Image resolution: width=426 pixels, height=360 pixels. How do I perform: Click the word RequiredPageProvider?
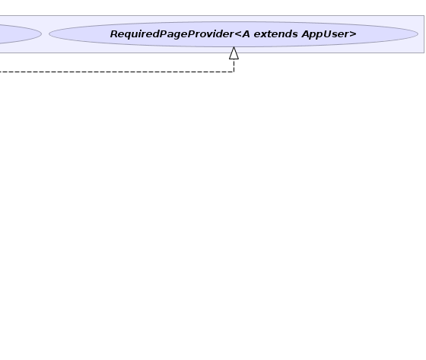point(172,34)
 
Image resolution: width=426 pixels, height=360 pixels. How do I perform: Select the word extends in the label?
point(275,34)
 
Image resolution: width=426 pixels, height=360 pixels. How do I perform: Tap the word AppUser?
point(326,34)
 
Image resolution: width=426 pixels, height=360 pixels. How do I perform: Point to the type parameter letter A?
point(246,34)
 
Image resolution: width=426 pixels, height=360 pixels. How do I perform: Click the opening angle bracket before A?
point(237,34)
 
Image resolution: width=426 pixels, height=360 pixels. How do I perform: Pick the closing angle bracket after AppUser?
point(353,34)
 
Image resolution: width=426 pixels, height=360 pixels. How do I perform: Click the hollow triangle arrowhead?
point(234,53)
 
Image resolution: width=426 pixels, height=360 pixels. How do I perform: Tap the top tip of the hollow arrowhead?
point(234,47)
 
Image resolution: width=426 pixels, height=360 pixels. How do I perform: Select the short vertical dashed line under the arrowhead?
point(234,65)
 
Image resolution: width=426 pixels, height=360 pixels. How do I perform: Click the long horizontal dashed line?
point(117,72)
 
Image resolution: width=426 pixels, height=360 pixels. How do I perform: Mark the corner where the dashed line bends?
point(234,72)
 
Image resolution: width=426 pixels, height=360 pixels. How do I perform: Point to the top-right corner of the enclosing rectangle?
point(424,16)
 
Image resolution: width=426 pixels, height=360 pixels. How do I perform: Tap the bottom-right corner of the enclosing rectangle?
point(424,53)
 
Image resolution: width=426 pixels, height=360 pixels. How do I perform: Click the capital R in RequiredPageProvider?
point(114,34)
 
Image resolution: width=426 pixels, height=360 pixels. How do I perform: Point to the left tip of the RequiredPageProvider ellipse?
point(49,34)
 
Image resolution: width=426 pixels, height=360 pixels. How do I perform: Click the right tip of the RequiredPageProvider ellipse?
point(418,34)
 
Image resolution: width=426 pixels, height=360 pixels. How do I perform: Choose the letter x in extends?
point(263,35)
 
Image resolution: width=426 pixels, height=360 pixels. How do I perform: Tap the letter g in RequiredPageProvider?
point(178,36)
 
